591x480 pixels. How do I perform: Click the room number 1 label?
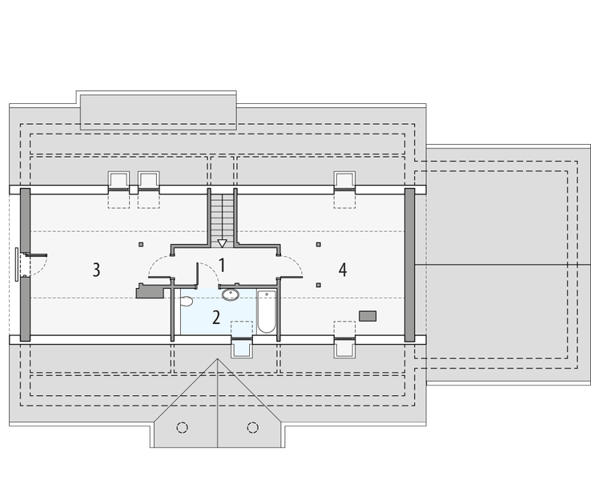(222, 265)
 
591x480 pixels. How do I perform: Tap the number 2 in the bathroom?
(216, 316)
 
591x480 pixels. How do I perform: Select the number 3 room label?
(96, 270)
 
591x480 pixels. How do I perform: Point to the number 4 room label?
(343, 270)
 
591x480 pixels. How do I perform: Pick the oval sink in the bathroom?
(231, 294)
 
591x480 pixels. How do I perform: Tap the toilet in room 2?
(187, 301)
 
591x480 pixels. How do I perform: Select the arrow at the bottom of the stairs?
(223, 242)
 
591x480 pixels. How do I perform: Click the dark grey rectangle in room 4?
(368, 316)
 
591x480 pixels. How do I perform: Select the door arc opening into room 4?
(290, 265)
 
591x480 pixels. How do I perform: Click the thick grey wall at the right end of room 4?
(410, 263)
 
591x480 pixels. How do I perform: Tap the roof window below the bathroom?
(241, 346)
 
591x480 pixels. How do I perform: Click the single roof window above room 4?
(345, 181)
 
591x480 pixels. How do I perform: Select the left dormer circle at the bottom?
(182, 426)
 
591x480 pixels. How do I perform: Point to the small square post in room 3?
(141, 244)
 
